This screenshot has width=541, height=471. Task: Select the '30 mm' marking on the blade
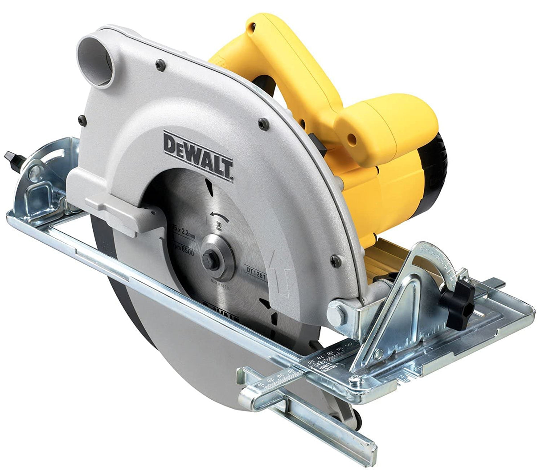(218, 226)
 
